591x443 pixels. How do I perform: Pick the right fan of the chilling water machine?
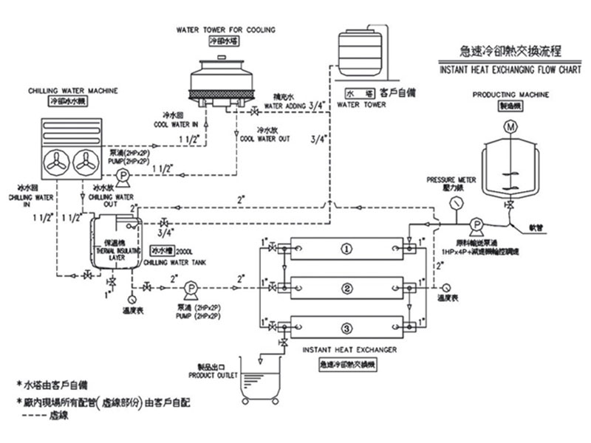(86, 163)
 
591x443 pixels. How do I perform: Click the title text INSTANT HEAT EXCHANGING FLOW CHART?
(499, 71)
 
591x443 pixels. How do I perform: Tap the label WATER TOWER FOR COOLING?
(225, 30)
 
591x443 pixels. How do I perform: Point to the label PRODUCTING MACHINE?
(511, 95)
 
